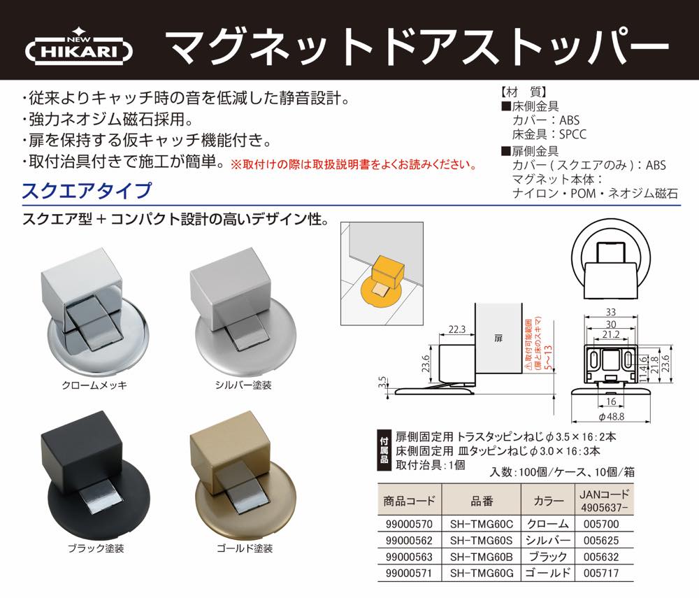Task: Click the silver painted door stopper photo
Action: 243,312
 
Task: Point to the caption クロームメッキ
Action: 94,385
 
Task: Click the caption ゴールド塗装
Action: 245,548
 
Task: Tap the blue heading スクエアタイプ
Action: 87,191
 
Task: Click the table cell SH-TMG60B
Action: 482,557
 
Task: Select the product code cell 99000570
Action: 409,524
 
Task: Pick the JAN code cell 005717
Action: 601,573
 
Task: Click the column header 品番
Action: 482,501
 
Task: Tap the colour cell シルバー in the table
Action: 547,541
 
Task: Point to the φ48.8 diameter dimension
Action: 611,417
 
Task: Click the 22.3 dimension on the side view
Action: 457,329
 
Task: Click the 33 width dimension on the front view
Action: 611,312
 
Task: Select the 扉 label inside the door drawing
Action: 498,338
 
